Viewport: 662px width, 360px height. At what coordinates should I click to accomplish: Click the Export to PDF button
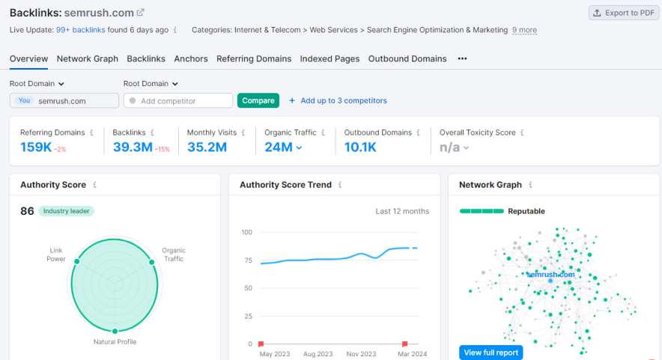coord(623,13)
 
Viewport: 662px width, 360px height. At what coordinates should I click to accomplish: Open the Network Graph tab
coord(88,58)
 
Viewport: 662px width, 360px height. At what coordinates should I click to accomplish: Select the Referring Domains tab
coord(253,58)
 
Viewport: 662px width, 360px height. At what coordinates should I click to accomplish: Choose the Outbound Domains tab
coord(407,58)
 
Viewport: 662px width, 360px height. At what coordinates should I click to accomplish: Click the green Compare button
coord(258,100)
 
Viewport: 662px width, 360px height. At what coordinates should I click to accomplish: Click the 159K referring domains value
coord(36,147)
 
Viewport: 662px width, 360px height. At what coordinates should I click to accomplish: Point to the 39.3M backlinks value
coord(133,147)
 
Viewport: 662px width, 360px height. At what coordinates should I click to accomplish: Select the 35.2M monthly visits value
coord(207,147)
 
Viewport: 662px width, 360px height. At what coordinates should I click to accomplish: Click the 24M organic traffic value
coord(279,147)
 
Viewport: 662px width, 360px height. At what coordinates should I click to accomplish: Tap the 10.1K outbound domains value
coord(360,147)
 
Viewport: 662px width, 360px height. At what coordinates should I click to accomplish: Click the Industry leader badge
coord(66,211)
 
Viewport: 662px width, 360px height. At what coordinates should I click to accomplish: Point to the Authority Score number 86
coord(27,211)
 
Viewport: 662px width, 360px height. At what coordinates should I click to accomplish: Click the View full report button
coord(491,352)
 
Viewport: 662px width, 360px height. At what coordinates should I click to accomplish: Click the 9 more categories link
coord(524,30)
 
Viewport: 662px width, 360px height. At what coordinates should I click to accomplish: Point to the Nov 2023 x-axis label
coord(362,354)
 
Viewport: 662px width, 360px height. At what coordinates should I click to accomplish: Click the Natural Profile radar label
coord(115,342)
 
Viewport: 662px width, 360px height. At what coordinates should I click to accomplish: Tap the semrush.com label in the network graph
coord(550,274)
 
